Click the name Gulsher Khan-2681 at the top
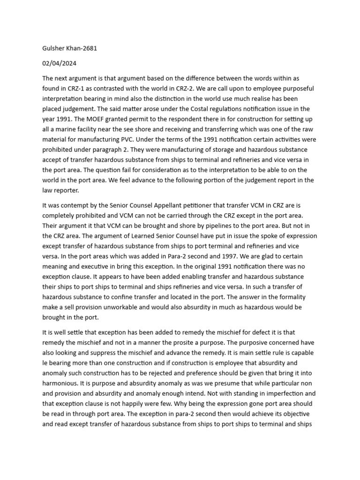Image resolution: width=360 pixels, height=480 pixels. pos(70,48)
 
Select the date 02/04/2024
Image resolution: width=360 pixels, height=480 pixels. pos(59,63)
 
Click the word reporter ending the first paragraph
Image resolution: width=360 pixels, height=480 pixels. pos(67,191)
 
